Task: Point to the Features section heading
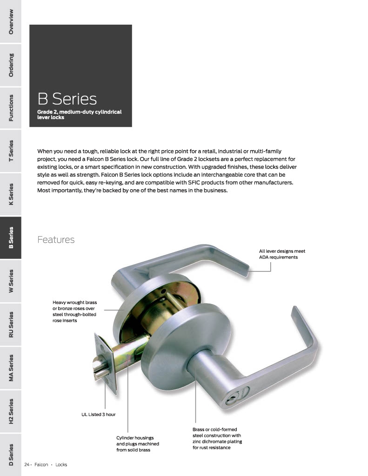coord(56,240)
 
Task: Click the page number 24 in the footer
coord(27,464)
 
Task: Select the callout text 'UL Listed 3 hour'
coord(98,414)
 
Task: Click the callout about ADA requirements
coord(282,254)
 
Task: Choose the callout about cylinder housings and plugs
coord(135,444)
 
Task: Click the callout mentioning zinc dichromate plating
coord(217,438)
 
